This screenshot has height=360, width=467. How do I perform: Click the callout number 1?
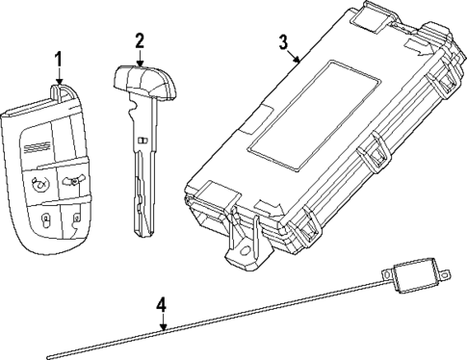click(x=59, y=61)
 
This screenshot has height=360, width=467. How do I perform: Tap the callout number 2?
click(x=140, y=40)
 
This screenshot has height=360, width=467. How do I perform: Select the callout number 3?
click(x=283, y=41)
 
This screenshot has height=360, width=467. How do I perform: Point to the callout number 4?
click(x=162, y=305)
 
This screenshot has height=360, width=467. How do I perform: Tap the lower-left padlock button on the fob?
click(x=45, y=220)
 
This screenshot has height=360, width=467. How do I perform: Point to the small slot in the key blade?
click(x=142, y=142)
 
